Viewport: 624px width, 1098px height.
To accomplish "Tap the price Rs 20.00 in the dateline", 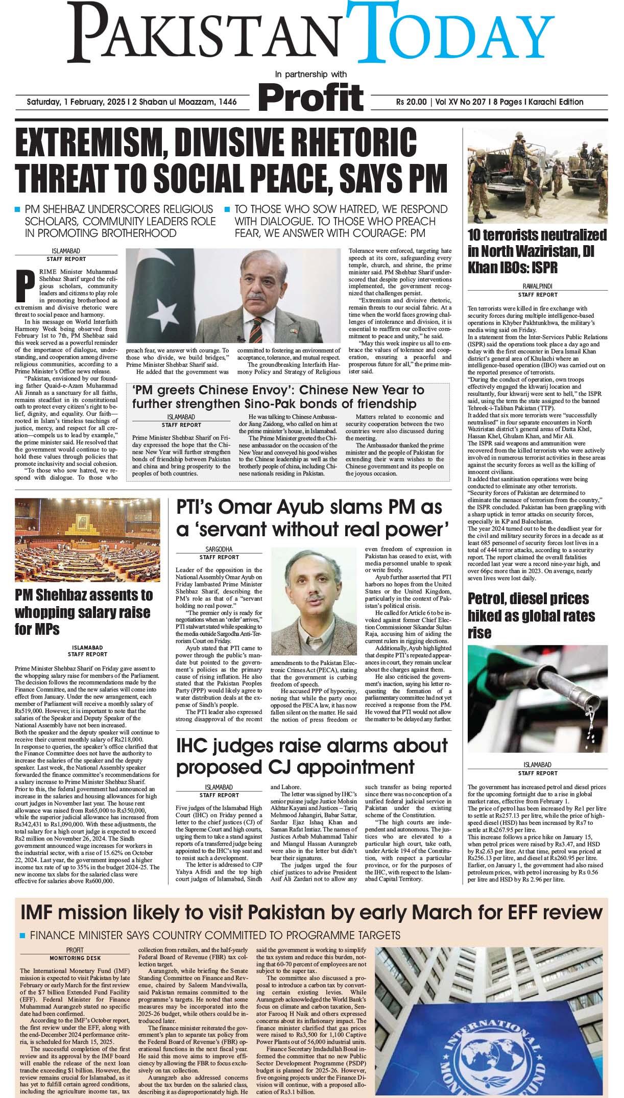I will [x=411, y=102].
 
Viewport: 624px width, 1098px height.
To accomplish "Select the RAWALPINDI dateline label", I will [x=537, y=287].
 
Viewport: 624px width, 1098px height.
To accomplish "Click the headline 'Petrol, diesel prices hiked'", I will [x=531, y=615].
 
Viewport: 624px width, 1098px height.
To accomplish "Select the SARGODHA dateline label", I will [x=219, y=550].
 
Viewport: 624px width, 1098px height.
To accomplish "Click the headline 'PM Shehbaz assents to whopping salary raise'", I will [x=83, y=612].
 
